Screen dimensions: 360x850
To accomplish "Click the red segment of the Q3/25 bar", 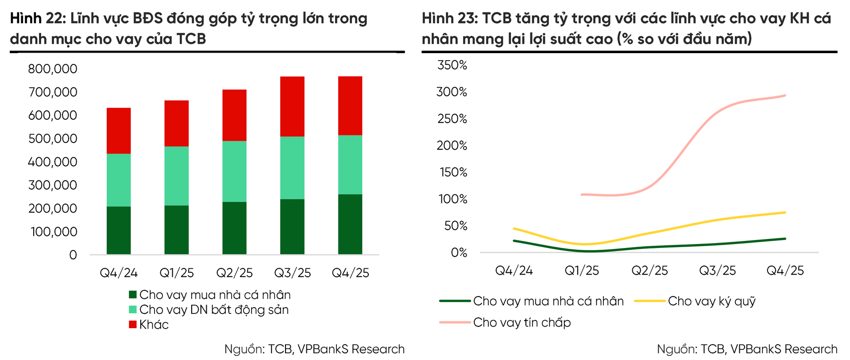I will pos(292,106).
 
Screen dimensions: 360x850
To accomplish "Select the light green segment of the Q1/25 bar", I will pos(176,176).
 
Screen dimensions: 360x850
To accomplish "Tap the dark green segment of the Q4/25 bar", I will pos(350,224).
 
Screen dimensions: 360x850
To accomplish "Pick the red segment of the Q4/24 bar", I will pos(119,131).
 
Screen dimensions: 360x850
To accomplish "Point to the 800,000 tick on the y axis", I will pos(53,69).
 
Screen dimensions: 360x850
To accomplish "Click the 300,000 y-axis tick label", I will pos(53,185).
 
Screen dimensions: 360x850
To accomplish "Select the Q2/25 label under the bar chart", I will pos(234,273).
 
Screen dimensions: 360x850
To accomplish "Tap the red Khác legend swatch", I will pos(133,325).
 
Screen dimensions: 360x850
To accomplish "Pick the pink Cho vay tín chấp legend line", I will pos(455,322).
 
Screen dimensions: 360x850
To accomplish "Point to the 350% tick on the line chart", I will pos(452,65).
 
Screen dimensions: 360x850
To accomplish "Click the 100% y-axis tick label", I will pos(453,199).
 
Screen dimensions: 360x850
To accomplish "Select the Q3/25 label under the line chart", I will pos(717,271).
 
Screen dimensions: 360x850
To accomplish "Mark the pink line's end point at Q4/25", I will pos(785,95).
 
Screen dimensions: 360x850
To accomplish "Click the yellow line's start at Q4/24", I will pos(514,228).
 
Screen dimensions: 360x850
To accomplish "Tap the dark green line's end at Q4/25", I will pos(785,239).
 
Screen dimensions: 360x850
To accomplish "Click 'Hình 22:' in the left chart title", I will pos(38,19).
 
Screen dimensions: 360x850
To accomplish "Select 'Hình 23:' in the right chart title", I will pos(450,19).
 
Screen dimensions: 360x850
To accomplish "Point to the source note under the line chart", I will pos(747,349).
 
